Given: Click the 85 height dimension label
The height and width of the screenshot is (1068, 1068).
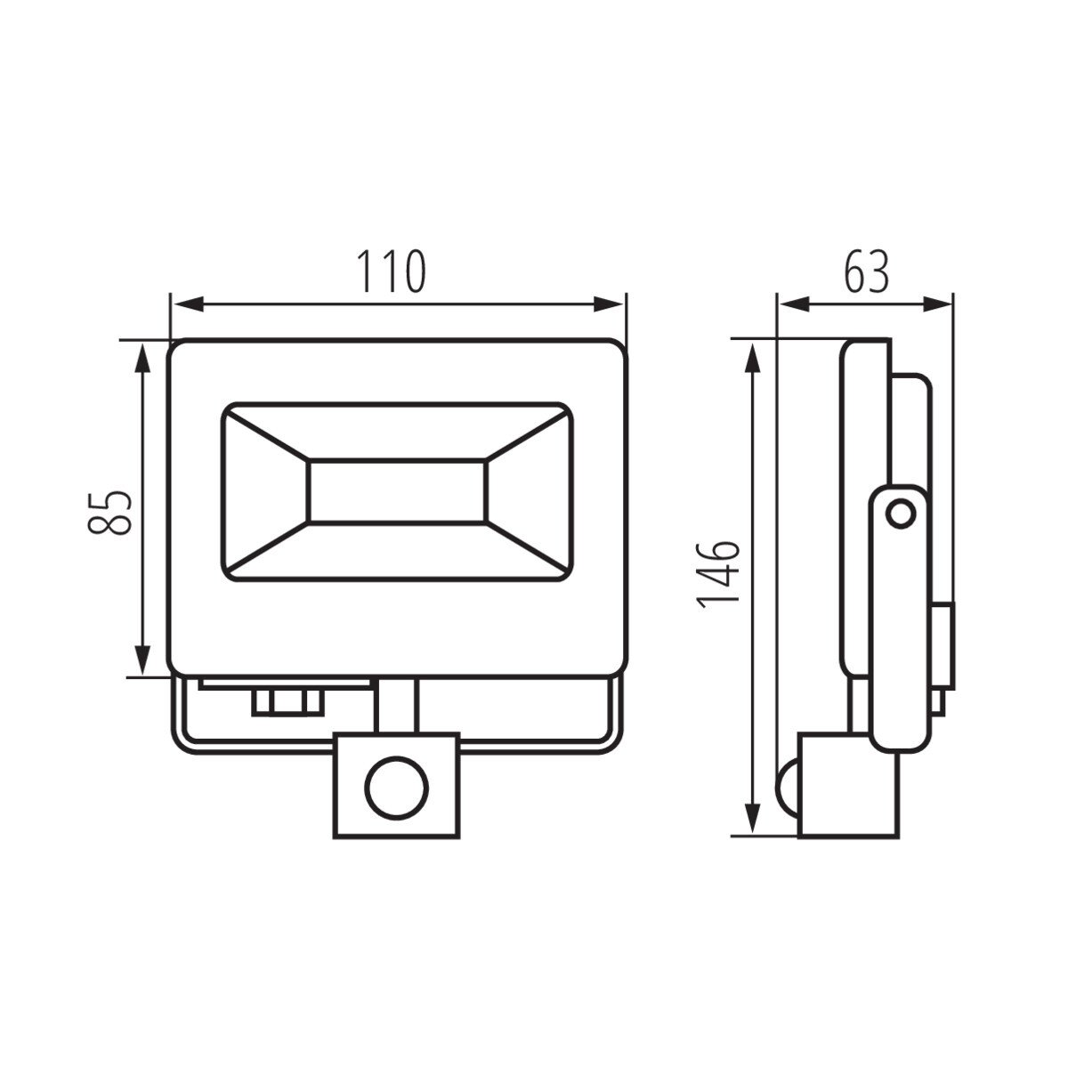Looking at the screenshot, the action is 109,512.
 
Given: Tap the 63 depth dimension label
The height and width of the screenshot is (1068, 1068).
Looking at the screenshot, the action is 866,271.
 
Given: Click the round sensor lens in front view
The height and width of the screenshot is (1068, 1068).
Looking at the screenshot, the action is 396,788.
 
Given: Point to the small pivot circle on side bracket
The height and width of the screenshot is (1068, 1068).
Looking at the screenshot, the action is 901,514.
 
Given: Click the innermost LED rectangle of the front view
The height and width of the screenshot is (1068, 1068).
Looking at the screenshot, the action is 397,491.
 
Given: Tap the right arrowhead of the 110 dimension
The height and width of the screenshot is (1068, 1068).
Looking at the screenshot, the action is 608,304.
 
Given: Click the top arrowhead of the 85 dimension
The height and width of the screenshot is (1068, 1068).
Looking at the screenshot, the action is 143,359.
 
